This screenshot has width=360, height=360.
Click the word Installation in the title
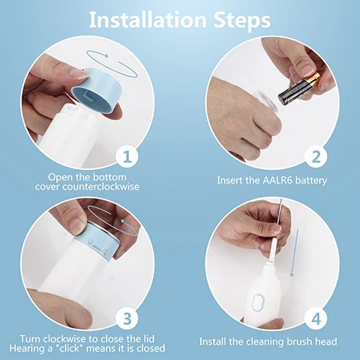(148, 19)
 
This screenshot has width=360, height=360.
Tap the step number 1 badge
(127, 156)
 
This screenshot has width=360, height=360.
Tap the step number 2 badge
(316, 156)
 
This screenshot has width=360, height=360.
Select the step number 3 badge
(127, 318)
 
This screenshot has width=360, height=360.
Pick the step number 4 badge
(316, 318)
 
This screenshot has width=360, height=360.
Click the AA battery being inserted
(299, 89)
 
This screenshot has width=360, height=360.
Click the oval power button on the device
(258, 302)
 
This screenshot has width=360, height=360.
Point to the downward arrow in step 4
(295, 253)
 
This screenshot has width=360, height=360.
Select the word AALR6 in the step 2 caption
(278, 180)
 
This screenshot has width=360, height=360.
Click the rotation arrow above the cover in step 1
(112, 63)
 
